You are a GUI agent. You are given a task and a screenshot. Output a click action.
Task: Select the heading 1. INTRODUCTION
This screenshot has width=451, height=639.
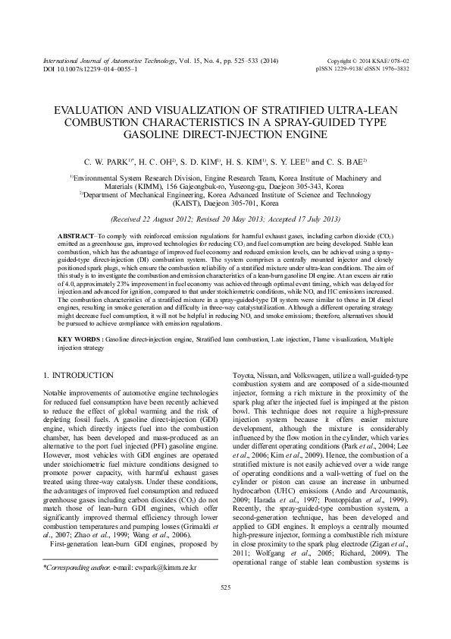(79, 376)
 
